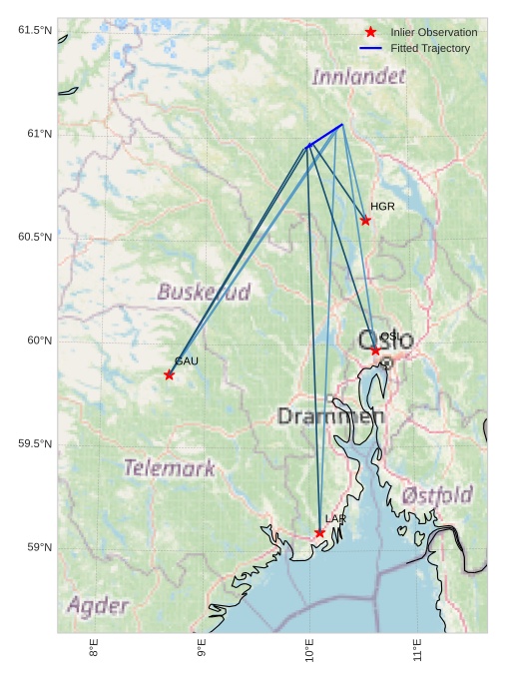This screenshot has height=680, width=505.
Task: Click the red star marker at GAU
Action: point(169,375)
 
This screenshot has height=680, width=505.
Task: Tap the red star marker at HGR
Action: point(365,221)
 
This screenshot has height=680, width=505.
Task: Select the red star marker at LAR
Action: point(319,533)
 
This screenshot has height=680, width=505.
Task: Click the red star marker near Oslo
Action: point(375,350)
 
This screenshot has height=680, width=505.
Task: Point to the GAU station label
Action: point(187,361)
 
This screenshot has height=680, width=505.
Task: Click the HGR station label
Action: point(382,207)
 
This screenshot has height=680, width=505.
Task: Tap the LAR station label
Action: point(335,519)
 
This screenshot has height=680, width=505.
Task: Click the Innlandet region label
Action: point(359,77)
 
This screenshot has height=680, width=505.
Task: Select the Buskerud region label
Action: point(204,293)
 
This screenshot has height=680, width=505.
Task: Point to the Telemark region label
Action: point(170,467)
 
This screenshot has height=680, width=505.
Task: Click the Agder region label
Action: point(98,606)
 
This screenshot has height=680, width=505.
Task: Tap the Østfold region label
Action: point(437,495)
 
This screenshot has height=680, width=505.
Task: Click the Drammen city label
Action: point(330,416)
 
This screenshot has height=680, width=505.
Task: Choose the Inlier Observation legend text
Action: point(434,33)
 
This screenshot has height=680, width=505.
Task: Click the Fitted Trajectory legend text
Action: point(430,49)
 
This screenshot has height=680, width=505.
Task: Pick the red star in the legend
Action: point(370,33)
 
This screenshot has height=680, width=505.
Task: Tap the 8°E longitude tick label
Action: point(94,649)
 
